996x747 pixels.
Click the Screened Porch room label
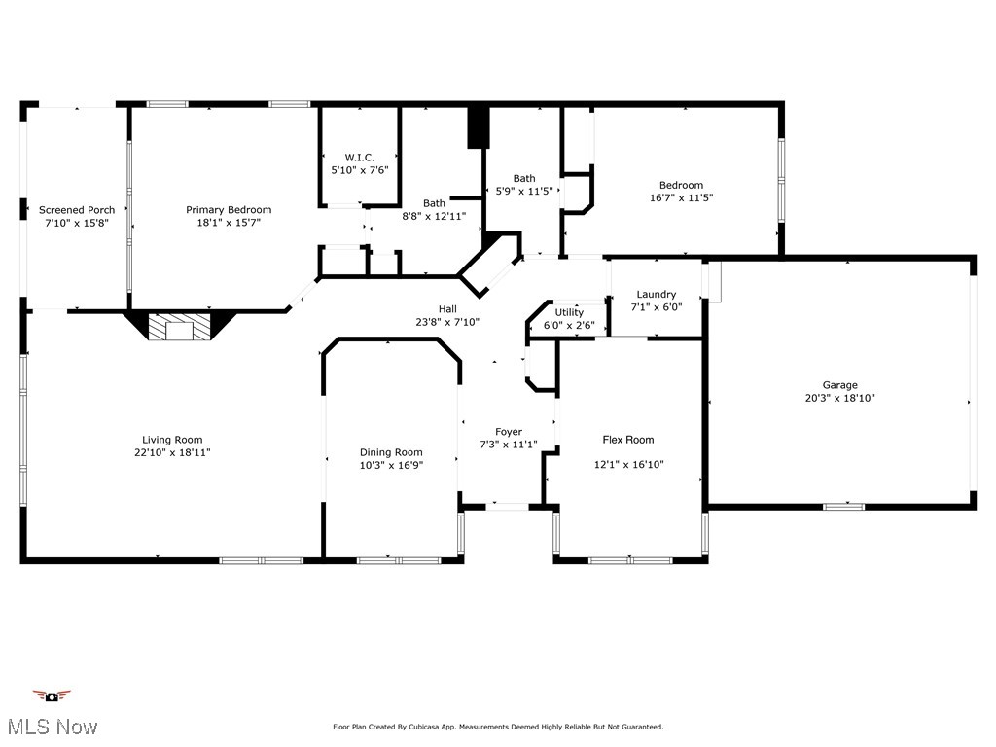[x=77, y=210]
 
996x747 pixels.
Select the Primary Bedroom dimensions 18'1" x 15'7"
[x=229, y=223]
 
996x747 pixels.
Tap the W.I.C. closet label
[x=359, y=158]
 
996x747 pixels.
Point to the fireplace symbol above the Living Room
[x=179, y=327]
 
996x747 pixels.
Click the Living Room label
[x=172, y=440]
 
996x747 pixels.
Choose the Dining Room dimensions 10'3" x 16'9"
[x=391, y=465]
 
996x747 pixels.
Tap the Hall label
[x=447, y=309]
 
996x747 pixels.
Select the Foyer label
[x=508, y=432]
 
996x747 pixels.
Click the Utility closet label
[x=569, y=312]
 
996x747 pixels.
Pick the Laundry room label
[x=657, y=295]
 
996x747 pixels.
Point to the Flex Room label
[x=628, y=440]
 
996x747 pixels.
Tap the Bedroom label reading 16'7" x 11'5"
[x=681, y=186]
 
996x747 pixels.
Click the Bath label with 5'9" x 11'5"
[x=524, y=178]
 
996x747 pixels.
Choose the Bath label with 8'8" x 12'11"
[x=434, y=203]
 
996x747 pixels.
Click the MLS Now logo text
[x=53, y=727]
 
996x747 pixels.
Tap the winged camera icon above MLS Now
[x=52, y=695]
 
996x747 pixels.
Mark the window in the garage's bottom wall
[x=843, y=506]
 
